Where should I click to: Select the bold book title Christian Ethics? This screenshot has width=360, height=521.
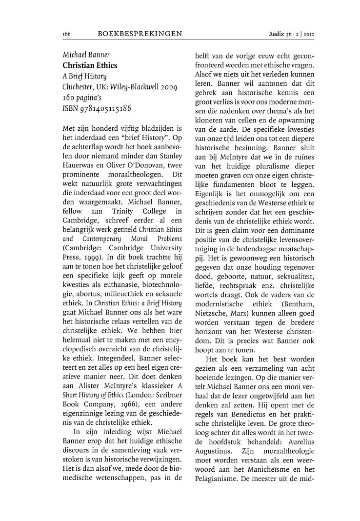coord(90,64)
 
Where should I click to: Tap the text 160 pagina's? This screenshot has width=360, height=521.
coord(84,98)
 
